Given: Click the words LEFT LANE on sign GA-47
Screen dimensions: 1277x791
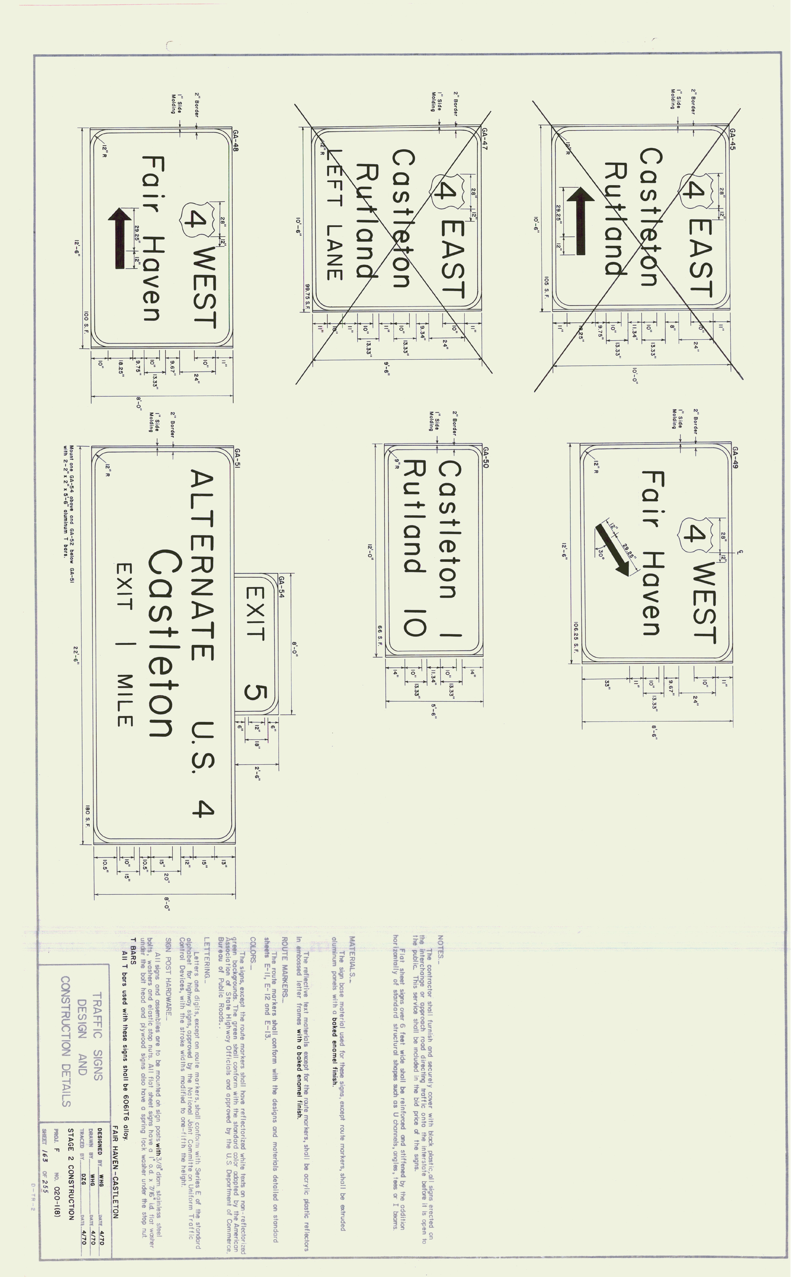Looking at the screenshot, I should [x=335, y=214].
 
